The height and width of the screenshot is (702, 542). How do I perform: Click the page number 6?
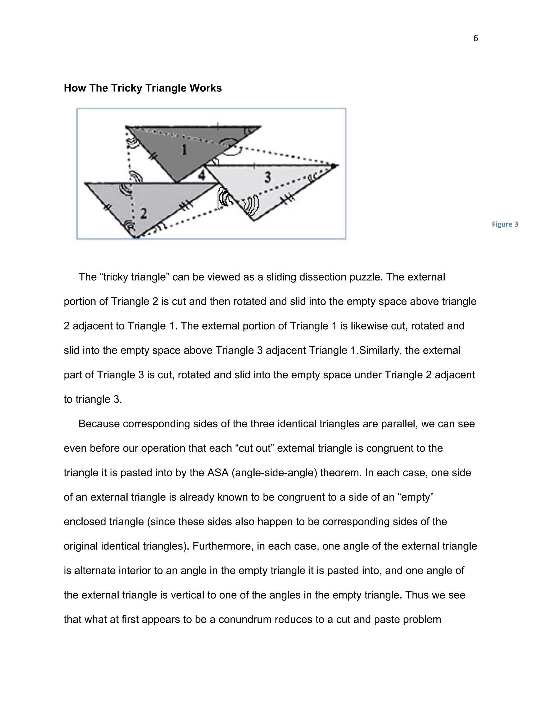coord(476,38)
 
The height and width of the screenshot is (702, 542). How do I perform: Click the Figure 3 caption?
coord(505,224)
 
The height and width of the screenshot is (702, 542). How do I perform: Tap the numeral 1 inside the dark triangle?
coord(184,149)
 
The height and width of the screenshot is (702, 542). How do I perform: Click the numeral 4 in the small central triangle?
coord(201,175)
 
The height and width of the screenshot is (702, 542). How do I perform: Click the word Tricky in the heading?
coord(126,88)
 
